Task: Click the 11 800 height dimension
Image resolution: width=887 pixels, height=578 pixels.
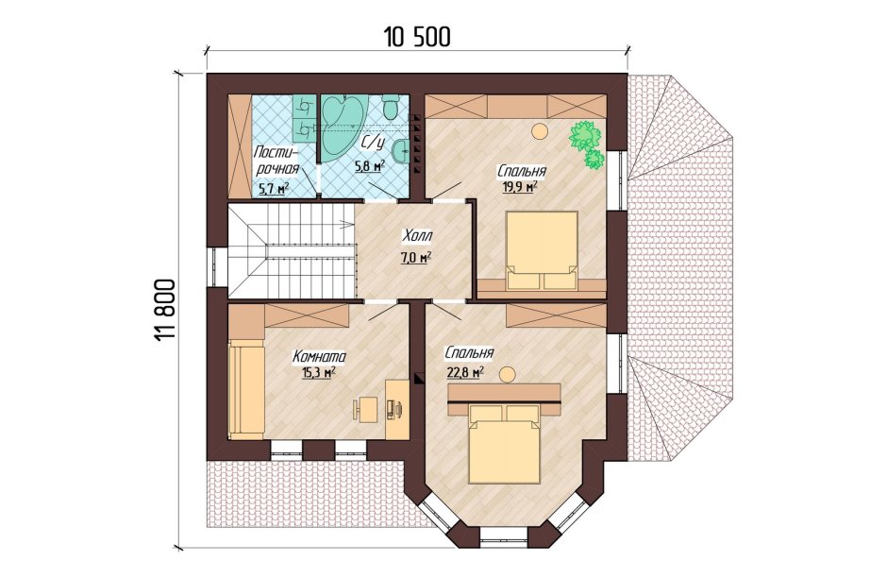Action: tap(164, 310)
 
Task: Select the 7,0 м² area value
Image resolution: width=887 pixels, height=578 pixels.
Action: tap(416, 258)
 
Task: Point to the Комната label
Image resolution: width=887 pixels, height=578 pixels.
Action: tap(319, 357)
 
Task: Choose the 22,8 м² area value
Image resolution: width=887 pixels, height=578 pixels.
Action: tap(464, 372)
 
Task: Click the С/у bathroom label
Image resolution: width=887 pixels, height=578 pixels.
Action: tap(372, 142)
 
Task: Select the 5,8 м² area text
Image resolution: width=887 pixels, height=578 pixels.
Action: tap(369, 165)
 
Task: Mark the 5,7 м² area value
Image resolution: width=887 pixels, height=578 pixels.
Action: tap(274, 189)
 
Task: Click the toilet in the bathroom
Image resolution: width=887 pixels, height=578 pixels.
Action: tap(391, 106)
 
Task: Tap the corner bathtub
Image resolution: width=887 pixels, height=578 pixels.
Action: tap(343, 125)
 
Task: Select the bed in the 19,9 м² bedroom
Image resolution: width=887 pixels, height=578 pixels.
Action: tap(542, 249)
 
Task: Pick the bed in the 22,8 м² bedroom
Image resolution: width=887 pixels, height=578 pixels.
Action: tap(505, 443)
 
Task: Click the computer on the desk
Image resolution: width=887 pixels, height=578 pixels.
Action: tap(395, 408)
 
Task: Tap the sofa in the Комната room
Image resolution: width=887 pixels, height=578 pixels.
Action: tap(246, 389)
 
